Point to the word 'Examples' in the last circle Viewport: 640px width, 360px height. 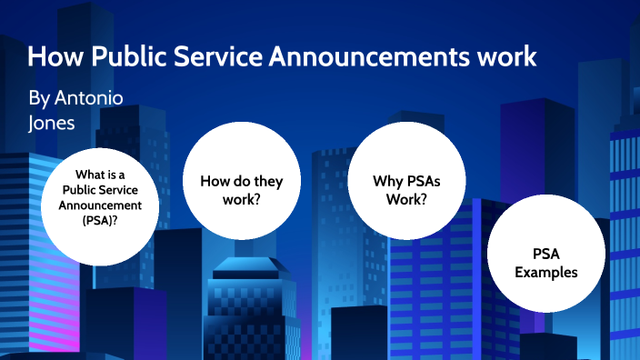[545, 271]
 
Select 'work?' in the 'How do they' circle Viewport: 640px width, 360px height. [241, 197]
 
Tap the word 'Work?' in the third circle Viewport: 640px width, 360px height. [406, 197]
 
